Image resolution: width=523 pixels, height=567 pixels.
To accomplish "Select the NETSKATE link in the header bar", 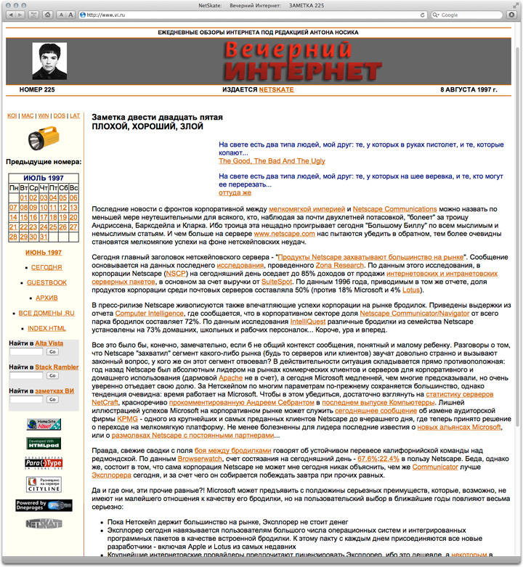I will tap(276, 90).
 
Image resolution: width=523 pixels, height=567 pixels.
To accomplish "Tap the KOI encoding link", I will tap(12, 115).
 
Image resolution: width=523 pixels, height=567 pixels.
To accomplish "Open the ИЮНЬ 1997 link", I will tap(43, 253).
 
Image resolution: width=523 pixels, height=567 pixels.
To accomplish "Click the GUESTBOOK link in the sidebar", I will tap(47, 282).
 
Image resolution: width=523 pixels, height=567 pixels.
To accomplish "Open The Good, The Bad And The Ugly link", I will tap(272, 160).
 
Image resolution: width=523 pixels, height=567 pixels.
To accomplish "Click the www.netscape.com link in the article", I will tap(280, 235).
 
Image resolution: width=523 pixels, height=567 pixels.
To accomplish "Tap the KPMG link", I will tap(127, 419).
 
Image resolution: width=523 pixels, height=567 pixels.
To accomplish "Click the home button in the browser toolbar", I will tap(47, 15).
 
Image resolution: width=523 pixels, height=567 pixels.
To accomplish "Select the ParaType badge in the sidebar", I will tap(43, 462).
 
